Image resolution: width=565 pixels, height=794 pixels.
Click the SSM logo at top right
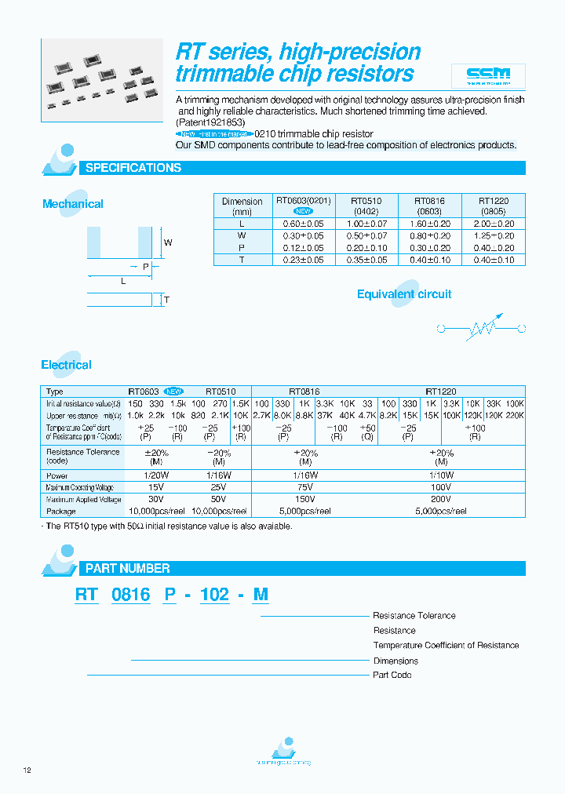click(488, 75)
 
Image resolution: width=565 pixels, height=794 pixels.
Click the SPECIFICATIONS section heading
click(133, 168)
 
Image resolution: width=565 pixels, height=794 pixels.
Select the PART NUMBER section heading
click(127, 568)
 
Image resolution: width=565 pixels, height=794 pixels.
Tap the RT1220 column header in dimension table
click(494, 202)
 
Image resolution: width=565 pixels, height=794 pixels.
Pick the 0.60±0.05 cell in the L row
click(304, 224)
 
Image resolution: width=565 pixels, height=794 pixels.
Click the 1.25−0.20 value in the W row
click(494, 236)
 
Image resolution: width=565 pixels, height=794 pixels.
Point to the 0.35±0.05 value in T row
click(367, 260)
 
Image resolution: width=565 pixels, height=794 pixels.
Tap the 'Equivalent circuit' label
click(404, 294)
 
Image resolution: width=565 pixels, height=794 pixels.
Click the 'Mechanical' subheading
click(73, 204)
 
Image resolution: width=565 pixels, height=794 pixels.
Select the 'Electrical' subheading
click(66, 365)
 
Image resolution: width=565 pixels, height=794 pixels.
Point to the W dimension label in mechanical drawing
click(168, 242)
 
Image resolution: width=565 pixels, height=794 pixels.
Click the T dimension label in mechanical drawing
click(166, 300)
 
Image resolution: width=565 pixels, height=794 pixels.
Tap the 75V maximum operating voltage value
click(305, 487)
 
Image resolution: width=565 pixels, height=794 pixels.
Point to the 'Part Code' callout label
click(392, 675)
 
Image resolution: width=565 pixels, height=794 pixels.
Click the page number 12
click(27, 770)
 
